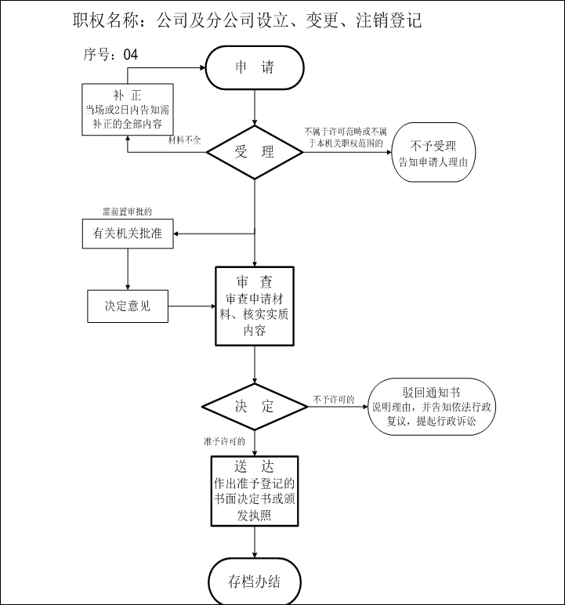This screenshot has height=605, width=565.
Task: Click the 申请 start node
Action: click(x=255, y=67)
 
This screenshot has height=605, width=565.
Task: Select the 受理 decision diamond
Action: click(x=255, y=151)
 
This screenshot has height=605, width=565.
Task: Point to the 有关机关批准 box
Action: click(x=128, y=234)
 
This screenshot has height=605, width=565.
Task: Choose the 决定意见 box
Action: click(x=128, y=306)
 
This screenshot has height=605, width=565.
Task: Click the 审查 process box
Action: click(x=255, y=306)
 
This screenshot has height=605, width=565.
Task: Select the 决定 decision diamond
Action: click(x=255, y=406)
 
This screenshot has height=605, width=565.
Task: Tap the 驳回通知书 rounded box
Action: click(x=431, y=407)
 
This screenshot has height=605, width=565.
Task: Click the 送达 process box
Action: click(x=255, y=491)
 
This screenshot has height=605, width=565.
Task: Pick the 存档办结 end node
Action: click(x=255, y=581)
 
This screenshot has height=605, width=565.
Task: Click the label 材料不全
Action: click(x=185, y=140)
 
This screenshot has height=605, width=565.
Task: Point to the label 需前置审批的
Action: click(x=127, y=212)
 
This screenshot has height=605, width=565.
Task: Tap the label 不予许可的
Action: click(x=334, y=400)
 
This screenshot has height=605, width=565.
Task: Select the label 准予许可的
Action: click(x=224, y=442)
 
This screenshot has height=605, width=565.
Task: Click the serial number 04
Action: click(x=131, y=55)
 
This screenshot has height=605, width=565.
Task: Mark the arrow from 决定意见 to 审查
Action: click(x=193, y=306)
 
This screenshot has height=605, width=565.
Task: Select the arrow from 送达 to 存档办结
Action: click(x=255, y=542)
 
